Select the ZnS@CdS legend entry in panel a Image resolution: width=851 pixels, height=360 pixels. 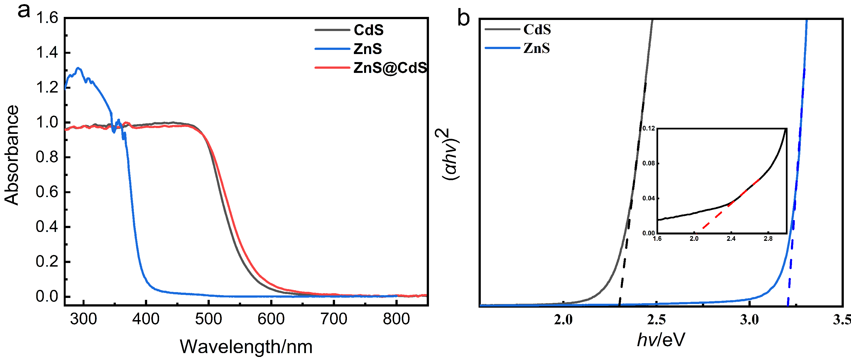point(390,68)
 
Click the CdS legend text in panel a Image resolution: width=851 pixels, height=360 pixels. point(369,30)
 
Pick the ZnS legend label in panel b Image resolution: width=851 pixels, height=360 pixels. point(536,48)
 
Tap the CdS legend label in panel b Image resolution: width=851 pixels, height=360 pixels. point(537,30)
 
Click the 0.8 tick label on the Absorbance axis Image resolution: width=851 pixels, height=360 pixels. point(47,157)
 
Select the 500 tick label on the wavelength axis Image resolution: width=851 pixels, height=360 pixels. point(208,319)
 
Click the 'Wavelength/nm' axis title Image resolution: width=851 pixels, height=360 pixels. point(246,347)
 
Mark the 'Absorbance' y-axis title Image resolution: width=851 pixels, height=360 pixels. point(12,155)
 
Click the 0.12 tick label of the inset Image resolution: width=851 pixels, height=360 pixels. point(648,128)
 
